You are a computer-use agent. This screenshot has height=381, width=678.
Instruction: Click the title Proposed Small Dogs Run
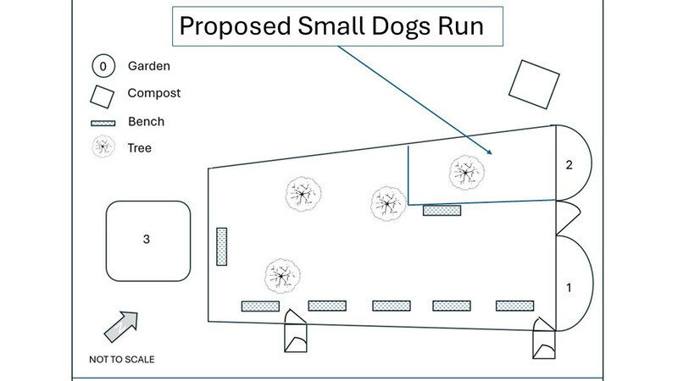pyautogui.click(x=331, y=26)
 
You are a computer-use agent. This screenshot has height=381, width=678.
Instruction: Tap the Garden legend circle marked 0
pyautogui.click(x=103, y=66)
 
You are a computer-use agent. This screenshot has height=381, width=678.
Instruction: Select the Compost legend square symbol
pyautogui.click(x=102, y=96)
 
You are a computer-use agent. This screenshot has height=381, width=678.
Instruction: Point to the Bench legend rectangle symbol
pyautogui.click(x=103, y=123)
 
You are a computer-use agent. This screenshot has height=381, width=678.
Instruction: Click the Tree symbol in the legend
pyautogui.click(x=103, y=147)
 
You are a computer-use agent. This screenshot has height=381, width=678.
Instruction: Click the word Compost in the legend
pyautogui.click(x=153, y=93)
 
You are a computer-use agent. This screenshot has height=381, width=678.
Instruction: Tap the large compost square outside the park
pyautogui.click(x=534, y=84)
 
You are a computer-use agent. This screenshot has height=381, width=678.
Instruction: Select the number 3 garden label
pyautogui.click(x=147, y=240)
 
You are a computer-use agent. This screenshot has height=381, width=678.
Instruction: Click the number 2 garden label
pyautogui.click(x=569, y=164)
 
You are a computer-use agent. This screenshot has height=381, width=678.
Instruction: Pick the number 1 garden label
pyautogui.click(x=569, y=288)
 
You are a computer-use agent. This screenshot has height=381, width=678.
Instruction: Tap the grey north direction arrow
pyautogui.click(x=120, y=326)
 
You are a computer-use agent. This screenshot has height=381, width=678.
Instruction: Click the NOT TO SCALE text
pyautogui.click(x=121, y=359)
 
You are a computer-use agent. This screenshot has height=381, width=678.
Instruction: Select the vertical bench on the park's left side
pyautogui.click(x=221, y=246)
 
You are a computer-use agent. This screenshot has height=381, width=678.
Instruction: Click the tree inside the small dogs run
pyautogui.click(x=466, y=172)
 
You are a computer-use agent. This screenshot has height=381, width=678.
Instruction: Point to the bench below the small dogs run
pyautogui.click(x=442, y=210)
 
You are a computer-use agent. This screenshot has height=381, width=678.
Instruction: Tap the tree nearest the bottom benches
pyautogui.click(x=282, y=275)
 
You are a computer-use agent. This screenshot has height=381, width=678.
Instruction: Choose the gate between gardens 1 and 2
pyautogui.click(x=566, y=218)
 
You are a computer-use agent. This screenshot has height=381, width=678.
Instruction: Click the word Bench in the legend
pyautogui.click(x=146, y=121)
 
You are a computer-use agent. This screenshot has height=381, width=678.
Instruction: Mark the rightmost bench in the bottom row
pyautogui.click(x=514, y=306)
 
